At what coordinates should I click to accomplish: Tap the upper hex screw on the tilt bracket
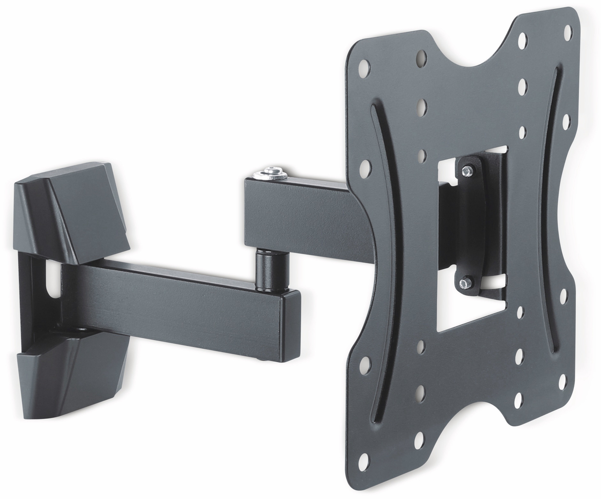[466, 171]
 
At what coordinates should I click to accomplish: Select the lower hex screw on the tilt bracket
[465, 283]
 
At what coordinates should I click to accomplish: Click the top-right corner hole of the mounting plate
[567, 33]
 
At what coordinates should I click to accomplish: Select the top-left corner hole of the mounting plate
[364, 68]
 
